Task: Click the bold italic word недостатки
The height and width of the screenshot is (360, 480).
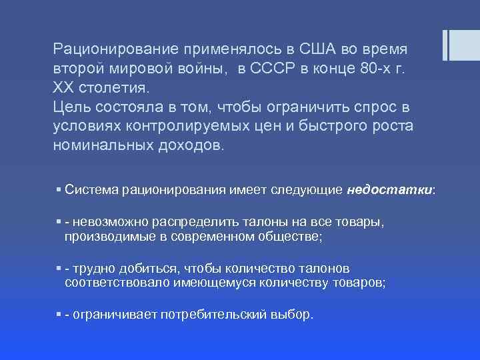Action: pyautogui.click(x=390, y=190)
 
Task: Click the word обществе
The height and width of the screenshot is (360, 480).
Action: pyautogui.click(x=292, y=236)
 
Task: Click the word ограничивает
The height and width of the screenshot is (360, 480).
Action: pyautogui.click(x=115, y=315)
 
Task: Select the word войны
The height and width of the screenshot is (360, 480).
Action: pyautogui.click(x=205, y=69)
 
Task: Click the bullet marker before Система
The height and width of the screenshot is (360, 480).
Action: pyautogui.click(x=59, y=190)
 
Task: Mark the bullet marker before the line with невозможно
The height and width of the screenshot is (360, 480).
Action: pyautogui.click(x=59, y=221)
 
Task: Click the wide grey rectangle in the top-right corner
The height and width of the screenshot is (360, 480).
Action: pyautogui.click(x=463, y=45)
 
